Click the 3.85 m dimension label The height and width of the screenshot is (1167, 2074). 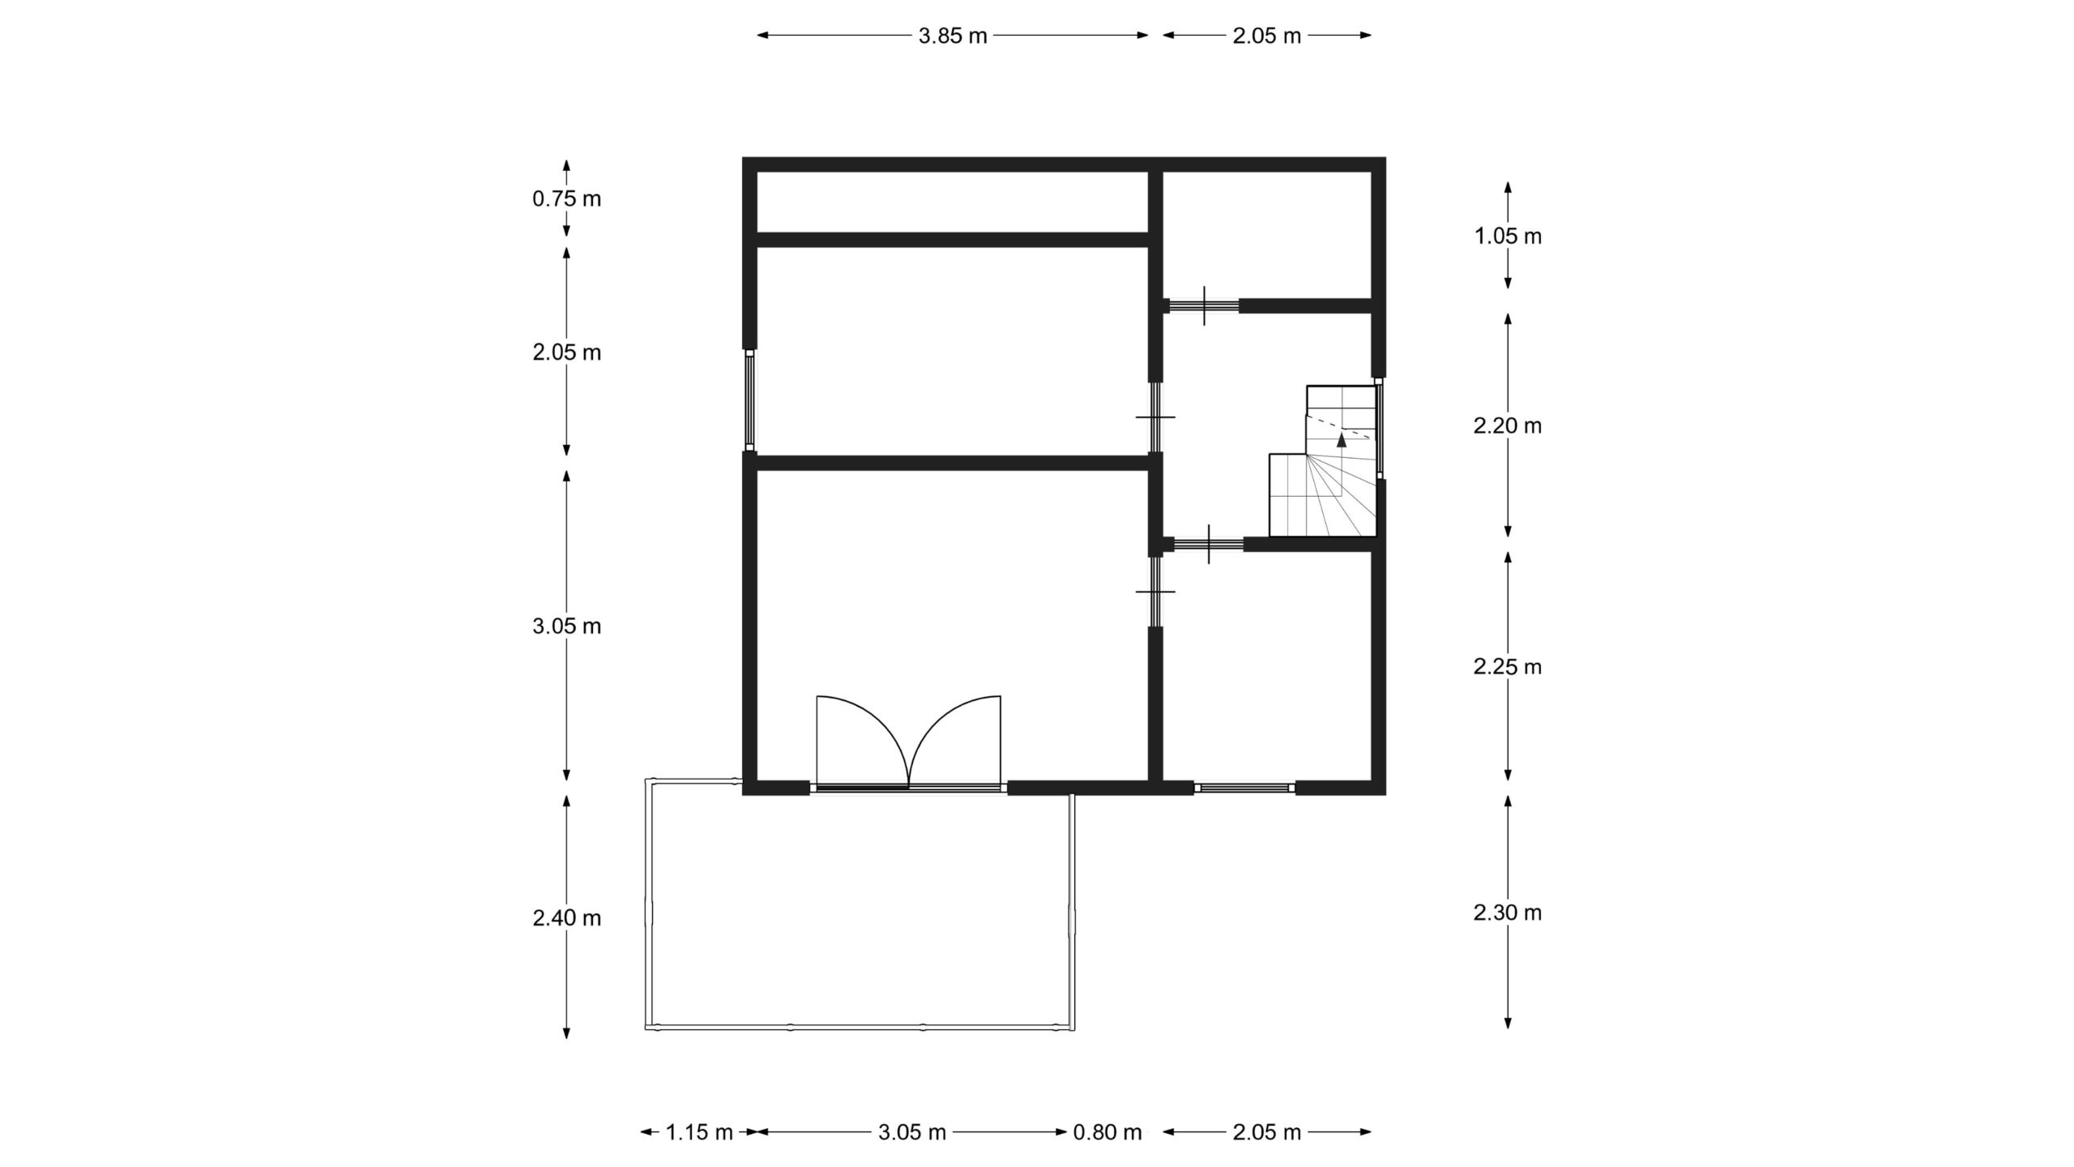click(953, 36)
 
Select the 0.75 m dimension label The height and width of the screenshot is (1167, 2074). click(567, 199)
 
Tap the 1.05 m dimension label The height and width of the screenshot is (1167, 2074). click(1508, 236)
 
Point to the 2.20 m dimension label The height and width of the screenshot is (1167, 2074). click(1508, 425)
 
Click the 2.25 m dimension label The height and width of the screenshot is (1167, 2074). click(1508, 666)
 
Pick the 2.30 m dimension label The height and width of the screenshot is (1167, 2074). click(1508, 913)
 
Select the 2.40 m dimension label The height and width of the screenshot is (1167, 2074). click(567, 918)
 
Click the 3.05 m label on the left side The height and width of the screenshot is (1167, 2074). click(567, 626)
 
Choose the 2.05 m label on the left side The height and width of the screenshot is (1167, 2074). click(567, 353)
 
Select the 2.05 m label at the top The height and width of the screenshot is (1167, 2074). click(1267, 36)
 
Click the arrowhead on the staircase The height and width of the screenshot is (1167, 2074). click(1342, 440)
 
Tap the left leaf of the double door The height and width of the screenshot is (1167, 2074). click(864, 742)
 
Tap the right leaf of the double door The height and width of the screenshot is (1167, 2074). click(956, 742)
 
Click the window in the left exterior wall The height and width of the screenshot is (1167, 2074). click(750, 400)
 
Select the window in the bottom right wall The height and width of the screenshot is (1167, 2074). click(1245, 787)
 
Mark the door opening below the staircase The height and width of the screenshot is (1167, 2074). click(1208, 545)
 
